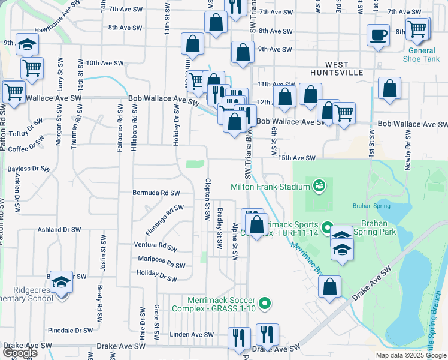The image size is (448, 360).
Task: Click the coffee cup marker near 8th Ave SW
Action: pyautogui.click(x=378, y=35)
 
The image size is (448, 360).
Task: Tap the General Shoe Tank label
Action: pyautogui.click(x=422, y=55)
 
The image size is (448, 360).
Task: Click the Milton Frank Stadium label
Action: pyautogui.click(x=270, y=187)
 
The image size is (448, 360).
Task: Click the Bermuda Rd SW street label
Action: pyautogui.click(x=156, y=193)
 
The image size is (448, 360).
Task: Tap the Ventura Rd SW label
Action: pyautogui.click(x=155, y=246)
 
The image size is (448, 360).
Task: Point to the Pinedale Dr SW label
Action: pyautogui.click(x=70, y=330)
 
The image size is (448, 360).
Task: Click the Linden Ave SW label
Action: pyautogui.click(x=192, y=334)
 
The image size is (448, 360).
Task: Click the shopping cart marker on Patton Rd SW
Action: pyautogui.click(x=14, y=93)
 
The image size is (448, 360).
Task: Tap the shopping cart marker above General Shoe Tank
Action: pyautogui.click(x=417, y=28)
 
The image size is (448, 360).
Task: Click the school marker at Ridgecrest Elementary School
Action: pyautogui.click(x=61, y=281)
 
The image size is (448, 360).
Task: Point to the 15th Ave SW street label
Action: pyautogui.click(x=296, y=158)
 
